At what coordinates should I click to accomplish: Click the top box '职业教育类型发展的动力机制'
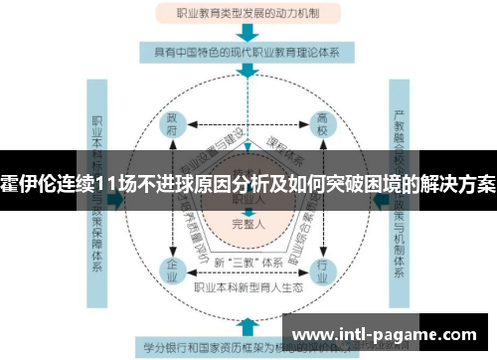[248, 15]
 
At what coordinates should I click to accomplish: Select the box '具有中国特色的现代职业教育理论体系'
[248, 52]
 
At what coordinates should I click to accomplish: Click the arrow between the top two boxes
[248, 33]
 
